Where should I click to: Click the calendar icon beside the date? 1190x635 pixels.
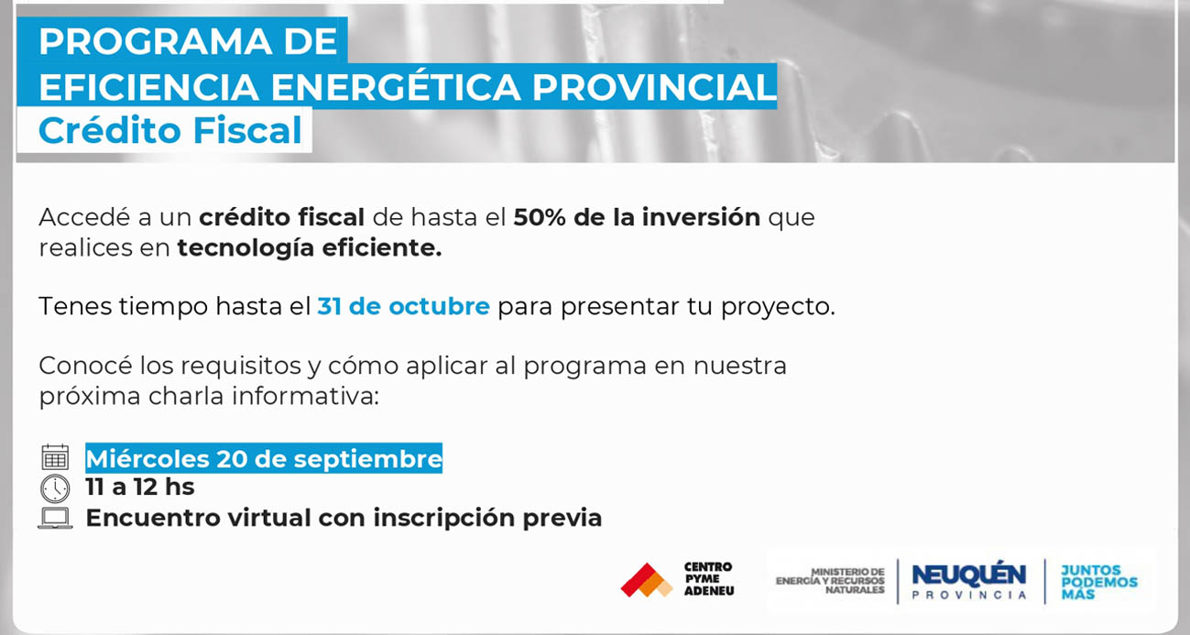(55, 457)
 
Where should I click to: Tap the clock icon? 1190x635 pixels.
(55, 487)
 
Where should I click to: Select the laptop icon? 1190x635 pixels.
(55, 518)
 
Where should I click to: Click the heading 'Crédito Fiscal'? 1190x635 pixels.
(169, 130)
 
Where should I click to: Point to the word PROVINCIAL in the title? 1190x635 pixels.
(653, 87)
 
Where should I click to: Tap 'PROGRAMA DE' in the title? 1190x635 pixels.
(188, 41)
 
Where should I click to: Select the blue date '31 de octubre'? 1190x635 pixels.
(403, 306)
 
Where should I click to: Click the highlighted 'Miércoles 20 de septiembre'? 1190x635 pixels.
(264, 458)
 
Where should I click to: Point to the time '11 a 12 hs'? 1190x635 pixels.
(140, 487)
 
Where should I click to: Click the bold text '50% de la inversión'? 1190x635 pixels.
(637, 217)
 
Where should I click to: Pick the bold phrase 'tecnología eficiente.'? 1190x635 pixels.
(309, 247)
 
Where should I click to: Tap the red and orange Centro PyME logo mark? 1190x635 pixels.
(646, 580)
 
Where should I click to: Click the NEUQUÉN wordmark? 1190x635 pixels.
(968, 575)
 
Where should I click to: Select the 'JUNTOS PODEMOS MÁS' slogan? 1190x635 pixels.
(1098, 582)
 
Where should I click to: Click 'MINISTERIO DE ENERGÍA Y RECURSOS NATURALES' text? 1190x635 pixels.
(831, 580)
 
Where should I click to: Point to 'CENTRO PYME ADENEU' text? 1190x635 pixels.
(708, 579)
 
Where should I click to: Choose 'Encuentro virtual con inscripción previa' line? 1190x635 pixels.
(344, 518)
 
